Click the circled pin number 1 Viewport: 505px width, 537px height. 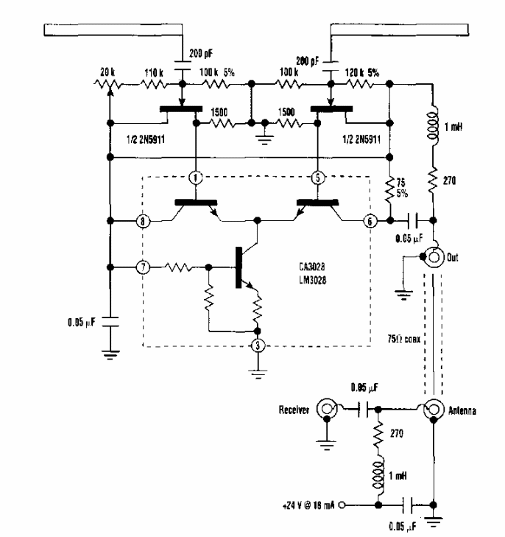pyautogui.click(x=195, y=178)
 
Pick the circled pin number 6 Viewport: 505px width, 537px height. pyautogui.click(x=370, y=220)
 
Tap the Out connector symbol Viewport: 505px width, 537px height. pyautogui.click(x=434, y=257)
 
